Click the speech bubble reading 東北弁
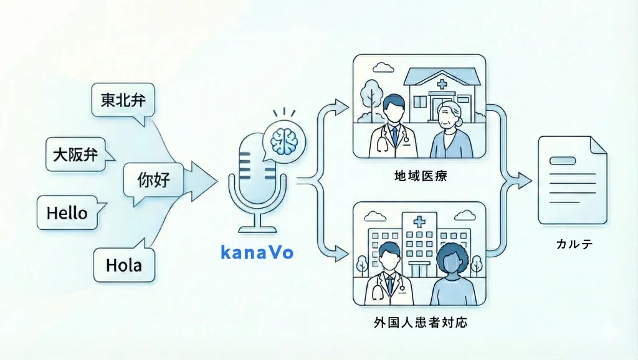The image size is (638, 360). point(122,100)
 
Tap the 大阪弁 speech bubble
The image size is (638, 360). point(75,154)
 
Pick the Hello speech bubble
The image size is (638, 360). point(67,213)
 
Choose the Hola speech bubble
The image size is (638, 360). point(123,265)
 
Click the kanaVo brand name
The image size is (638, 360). point(257,252)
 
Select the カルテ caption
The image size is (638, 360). point(574,245)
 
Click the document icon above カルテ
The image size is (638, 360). point(572,181)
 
